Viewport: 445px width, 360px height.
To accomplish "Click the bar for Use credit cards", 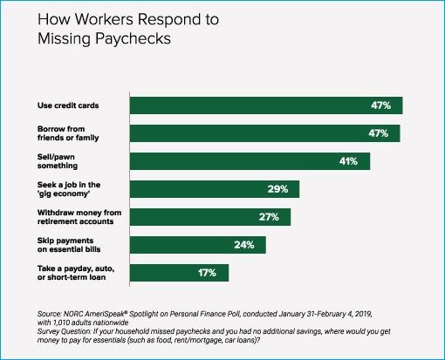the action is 266,105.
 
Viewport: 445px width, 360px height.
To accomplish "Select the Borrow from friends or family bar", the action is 265,133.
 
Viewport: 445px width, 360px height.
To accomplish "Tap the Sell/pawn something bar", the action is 250,161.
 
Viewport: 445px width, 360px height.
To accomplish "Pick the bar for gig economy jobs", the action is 215,189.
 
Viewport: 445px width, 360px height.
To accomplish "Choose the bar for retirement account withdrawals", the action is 210,217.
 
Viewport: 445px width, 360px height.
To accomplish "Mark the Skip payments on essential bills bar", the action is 198,245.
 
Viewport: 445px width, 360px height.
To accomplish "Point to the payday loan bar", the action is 179,273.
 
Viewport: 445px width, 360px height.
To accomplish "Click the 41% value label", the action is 348,161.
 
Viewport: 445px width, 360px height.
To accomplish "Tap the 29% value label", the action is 277,189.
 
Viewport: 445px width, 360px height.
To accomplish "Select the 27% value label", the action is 269,217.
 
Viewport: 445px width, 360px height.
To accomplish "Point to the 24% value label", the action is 244,245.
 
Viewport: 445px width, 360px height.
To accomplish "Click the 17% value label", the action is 207,273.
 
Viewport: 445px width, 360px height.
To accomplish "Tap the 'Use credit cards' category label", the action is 68,105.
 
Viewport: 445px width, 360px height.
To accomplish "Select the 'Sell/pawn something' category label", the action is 58,161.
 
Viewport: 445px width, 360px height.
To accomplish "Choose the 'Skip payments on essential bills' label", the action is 69,245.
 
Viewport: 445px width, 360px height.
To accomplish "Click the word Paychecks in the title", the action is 133,39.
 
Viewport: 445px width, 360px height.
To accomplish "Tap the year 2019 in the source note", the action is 364,314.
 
